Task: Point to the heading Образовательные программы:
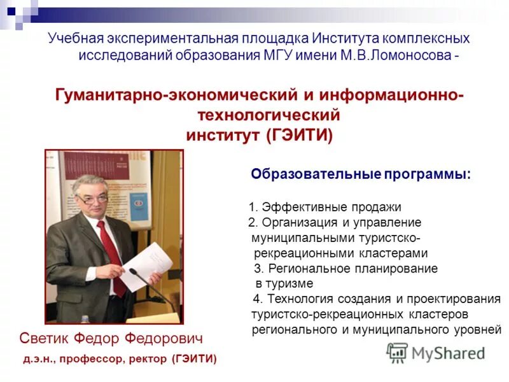point(361,174)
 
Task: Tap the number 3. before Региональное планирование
point(258,269)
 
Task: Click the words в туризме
point(284,284)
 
